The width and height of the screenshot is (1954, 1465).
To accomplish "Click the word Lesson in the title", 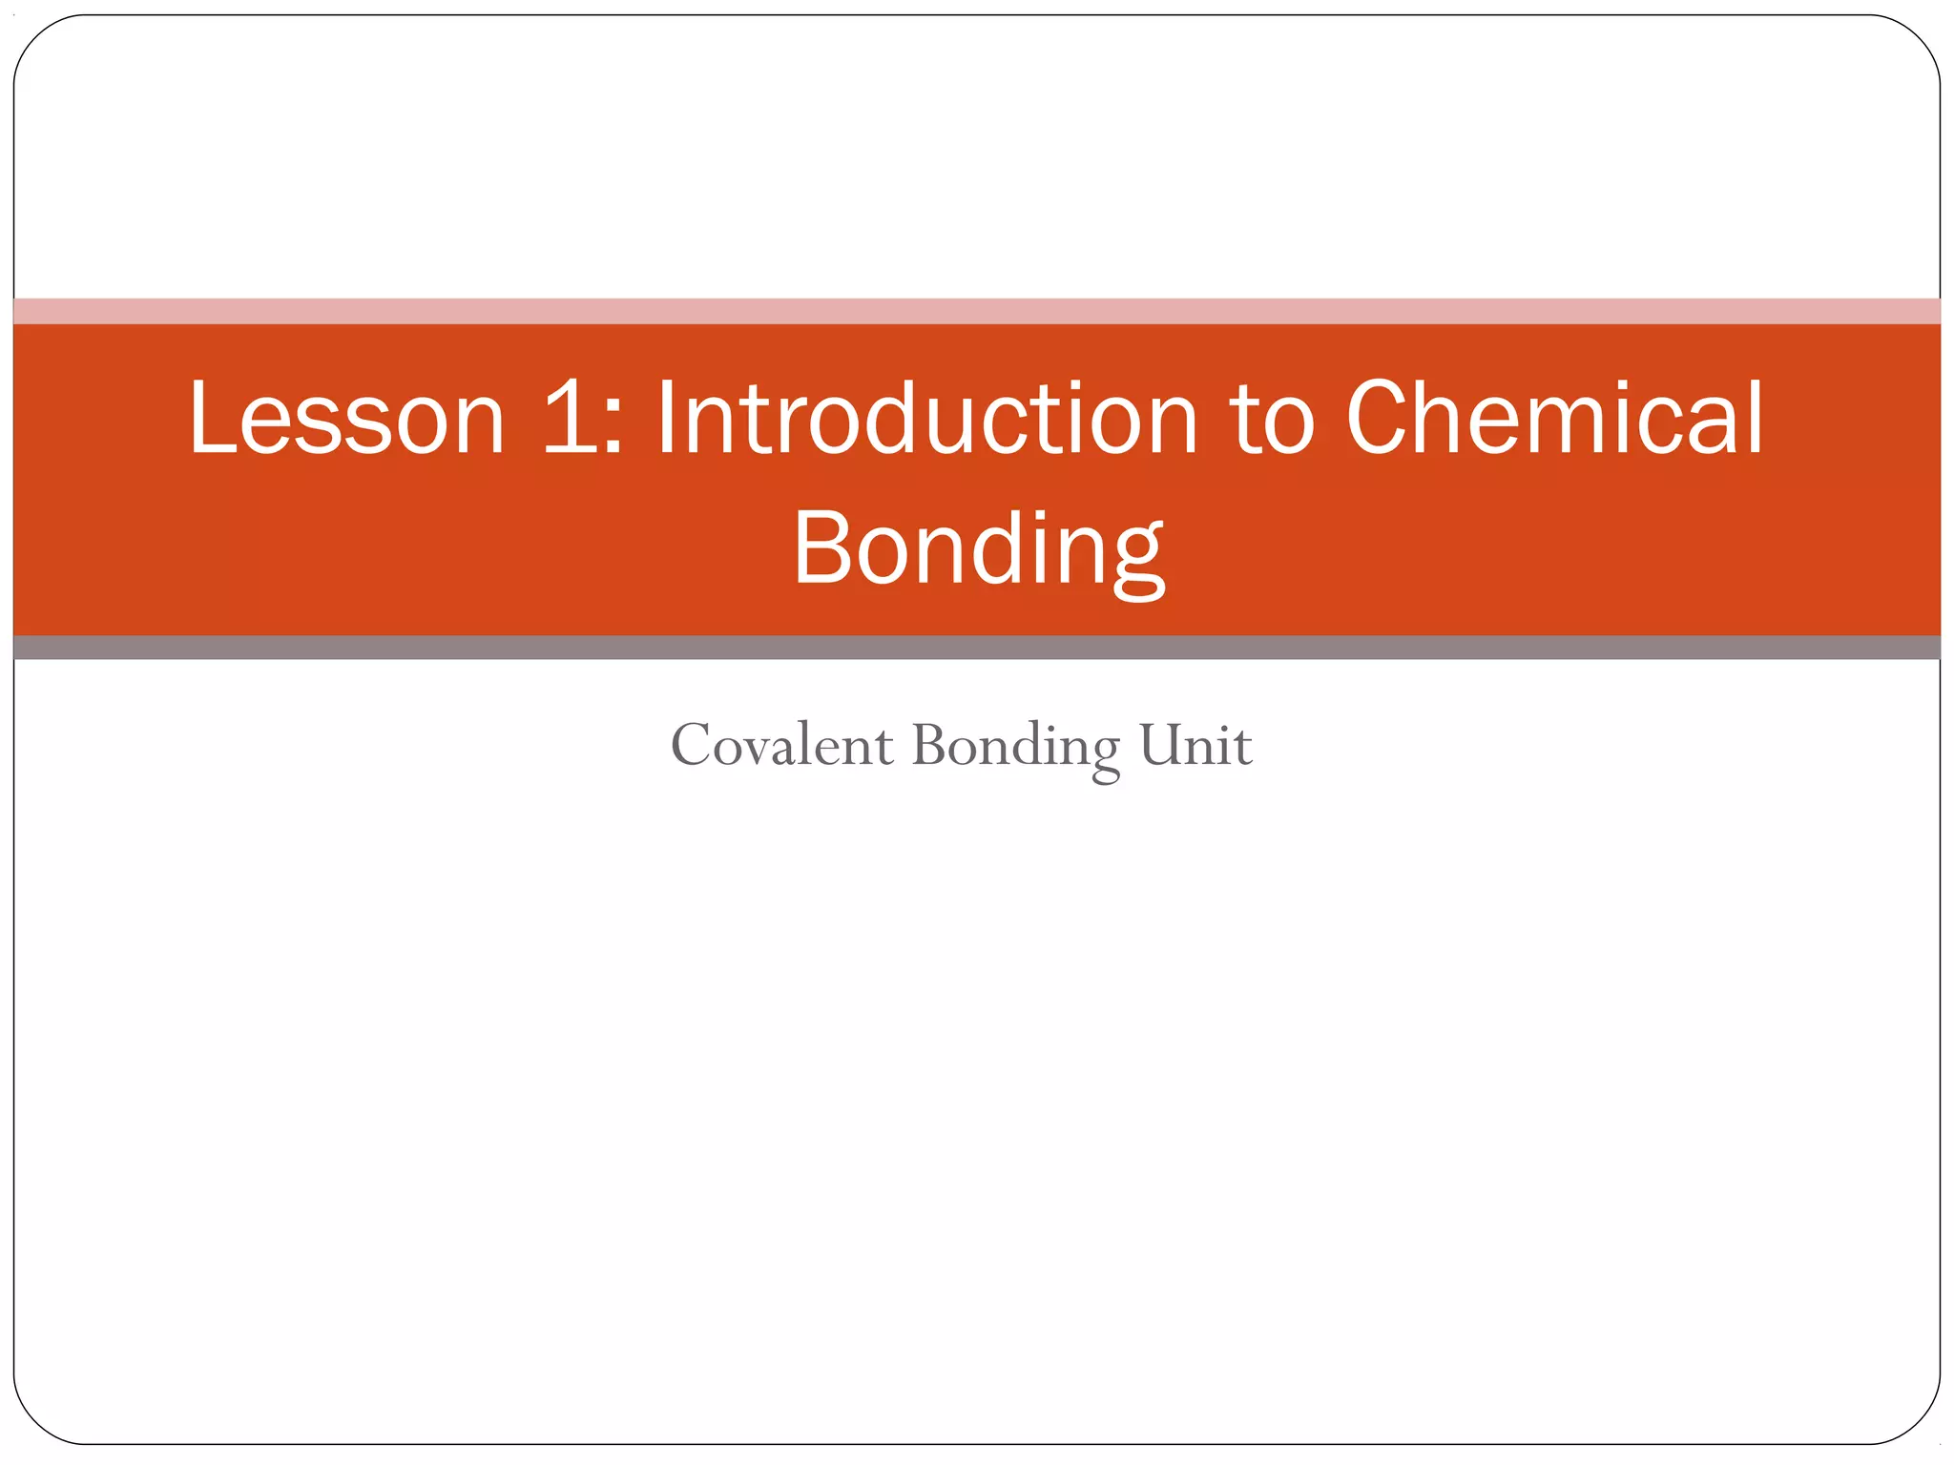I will point(346,418).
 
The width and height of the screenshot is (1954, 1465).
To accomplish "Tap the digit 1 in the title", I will point(570,418).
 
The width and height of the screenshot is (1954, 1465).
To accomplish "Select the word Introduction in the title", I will point(926,418).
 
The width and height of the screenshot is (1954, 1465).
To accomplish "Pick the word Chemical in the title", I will point(1555,418).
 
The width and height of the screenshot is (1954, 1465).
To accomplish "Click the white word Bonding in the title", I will point(978,549).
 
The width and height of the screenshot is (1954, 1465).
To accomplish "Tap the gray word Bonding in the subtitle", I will point(1015,747).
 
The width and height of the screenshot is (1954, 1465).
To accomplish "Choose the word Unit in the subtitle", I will point(1195,745).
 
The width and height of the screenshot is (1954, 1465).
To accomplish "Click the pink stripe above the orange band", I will point(977,311).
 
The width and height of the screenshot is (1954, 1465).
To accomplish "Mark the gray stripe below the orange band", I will point(977,648).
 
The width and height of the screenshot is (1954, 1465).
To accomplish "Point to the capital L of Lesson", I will point(211,418).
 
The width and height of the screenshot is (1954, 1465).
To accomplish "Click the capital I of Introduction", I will point(666,418).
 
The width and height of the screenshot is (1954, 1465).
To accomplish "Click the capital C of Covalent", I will point(690,745).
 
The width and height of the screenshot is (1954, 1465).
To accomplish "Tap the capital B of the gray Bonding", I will point(930,745).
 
